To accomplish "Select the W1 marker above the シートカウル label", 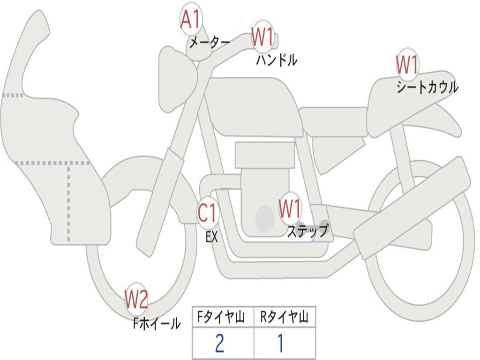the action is point(407,64).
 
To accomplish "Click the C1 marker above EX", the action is point(208,213).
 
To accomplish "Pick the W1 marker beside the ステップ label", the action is point(290,209).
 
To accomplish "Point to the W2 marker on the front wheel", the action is point(136,299).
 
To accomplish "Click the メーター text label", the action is point(209,43).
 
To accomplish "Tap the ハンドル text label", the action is point(277,60).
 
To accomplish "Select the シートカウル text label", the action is point(427,87).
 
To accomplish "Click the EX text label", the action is point(211,236).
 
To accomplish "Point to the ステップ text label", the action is point(307,231).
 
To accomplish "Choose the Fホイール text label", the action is point(157,323).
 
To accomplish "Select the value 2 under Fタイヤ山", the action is point(219,343).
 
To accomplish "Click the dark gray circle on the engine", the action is point(265,218).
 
